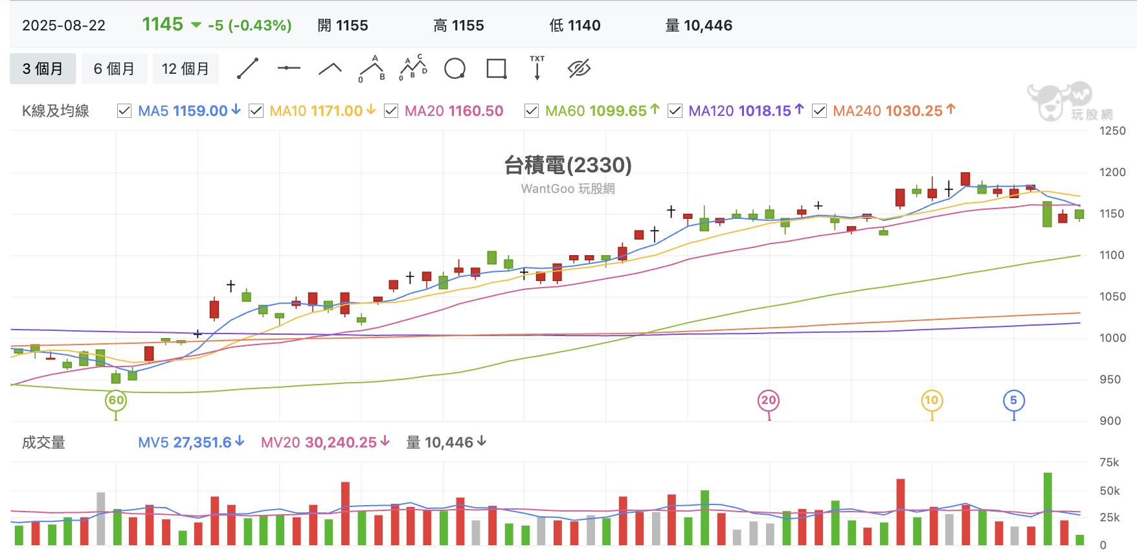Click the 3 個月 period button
(x=43, y=69)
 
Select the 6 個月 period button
(x=114, y=69)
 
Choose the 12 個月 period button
(x=185, y=69)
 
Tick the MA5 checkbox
(x=124, y=111)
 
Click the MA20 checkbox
(x=391, y=111)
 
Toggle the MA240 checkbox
(x=819, y=111)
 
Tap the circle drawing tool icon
(x=455, y=69)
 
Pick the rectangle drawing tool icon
(x=497, y=69)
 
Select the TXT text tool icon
(x=537, y=67)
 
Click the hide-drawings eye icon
(x=579, y=69)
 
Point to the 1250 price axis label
(x=1112, y=131)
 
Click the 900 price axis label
(x=1110, y=421)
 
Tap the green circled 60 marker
(x=116, y=400)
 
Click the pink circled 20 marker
(x=769, y=400)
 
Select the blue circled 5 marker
(x=1014, y=400)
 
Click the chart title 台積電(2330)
(x=568, y=165)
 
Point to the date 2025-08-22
(x=63, y=25)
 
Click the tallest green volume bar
(x=1048, y=509)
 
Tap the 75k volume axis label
(x=1109, y=462)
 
